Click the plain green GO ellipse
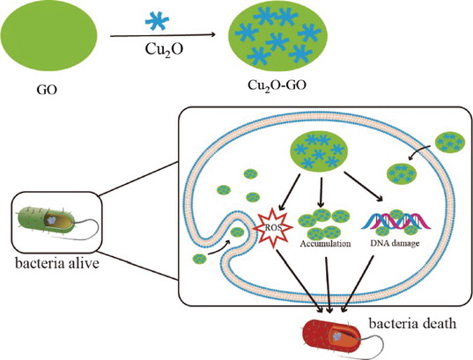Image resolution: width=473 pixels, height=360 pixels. coord(49,35)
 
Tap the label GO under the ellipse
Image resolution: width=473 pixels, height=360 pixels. coord(47,90)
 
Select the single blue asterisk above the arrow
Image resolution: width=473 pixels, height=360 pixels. coord(157,21)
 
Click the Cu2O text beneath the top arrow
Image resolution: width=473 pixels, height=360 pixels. coord(164,49)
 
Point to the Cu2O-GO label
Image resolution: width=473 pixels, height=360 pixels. coord(277,85)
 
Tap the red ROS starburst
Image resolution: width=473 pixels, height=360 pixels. coord(273,228)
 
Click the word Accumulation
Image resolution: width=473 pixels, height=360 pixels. coord(325,244)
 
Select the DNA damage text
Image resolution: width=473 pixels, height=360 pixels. coord(395,243)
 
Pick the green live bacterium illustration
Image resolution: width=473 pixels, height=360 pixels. coord(46,219)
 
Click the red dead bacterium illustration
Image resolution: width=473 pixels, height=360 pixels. coord(332,335)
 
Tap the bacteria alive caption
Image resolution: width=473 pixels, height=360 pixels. coord(57,263)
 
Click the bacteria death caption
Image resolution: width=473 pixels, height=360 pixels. coord(412,324)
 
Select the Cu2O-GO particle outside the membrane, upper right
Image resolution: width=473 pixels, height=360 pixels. coord(450,142)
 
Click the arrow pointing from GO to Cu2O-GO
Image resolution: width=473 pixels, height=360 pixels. coord(163,35)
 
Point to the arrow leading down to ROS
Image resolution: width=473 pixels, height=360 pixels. coord(289,192)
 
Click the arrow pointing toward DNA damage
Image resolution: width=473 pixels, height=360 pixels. coord(364,187)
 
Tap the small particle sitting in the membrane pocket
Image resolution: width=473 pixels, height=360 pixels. coord(238,232)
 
